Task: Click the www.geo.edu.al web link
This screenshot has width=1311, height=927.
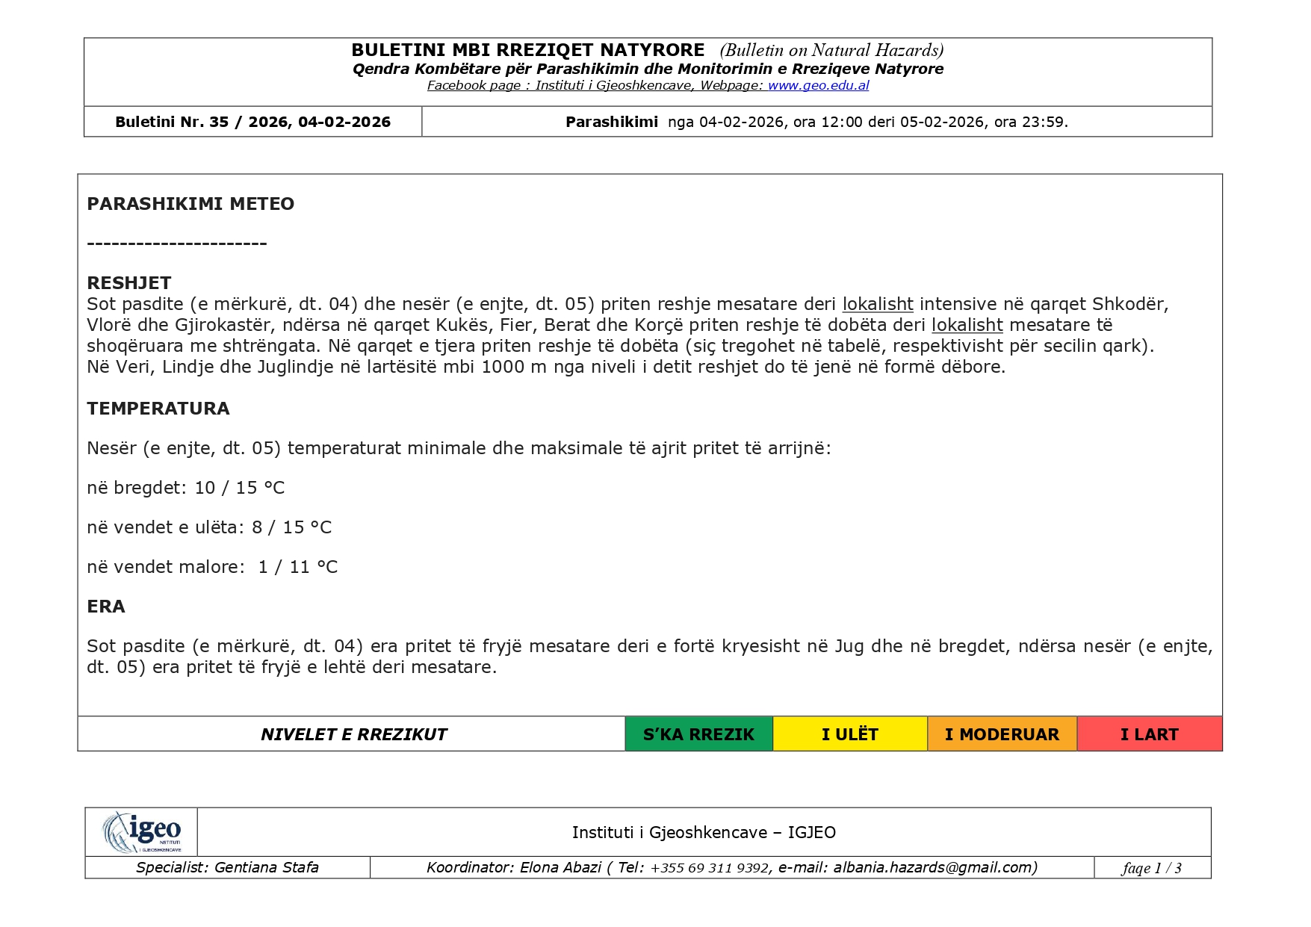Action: (818, 85)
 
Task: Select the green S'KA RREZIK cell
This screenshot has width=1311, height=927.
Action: (698, 734)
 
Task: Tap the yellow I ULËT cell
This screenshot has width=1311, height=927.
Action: (849, 734)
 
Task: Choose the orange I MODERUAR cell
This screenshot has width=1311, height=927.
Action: (1002, 734)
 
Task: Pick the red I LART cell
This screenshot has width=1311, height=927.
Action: (1149, 734)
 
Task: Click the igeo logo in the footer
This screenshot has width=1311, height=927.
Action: (142, 831)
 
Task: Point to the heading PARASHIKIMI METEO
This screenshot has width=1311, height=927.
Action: (190, 204)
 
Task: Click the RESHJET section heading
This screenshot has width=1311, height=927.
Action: (129, 283)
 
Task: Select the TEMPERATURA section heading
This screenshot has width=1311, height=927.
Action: (158, 409)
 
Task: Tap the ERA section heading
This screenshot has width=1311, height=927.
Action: (106, 607)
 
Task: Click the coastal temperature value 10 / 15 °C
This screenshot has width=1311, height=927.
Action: (240, 488)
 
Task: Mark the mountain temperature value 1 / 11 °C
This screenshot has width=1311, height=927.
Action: (298, 567)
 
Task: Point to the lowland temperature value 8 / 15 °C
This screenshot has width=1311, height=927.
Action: (292, 527)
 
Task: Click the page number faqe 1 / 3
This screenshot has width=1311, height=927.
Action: (1151, 868)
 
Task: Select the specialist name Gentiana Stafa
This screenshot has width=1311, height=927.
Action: (267, 867)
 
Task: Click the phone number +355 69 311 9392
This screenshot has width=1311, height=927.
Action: (710, 868)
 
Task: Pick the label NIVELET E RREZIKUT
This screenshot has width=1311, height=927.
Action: (353, 734)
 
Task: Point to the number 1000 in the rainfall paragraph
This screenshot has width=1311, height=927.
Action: (503, 367)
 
